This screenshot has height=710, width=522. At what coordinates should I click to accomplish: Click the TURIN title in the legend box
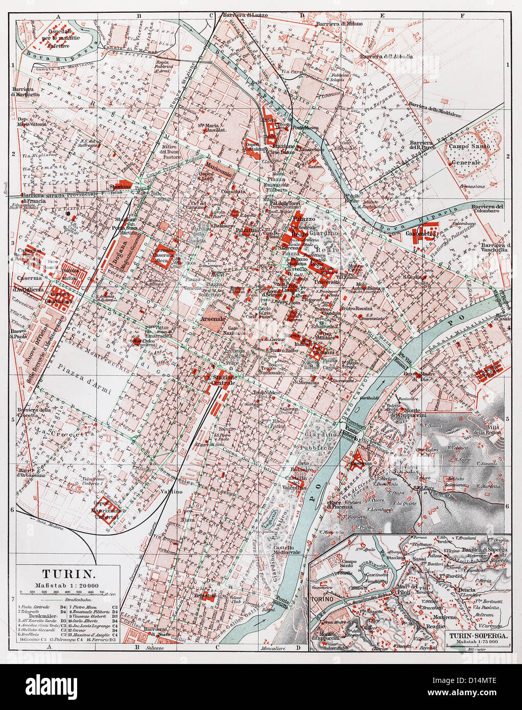click(x=66, y=574)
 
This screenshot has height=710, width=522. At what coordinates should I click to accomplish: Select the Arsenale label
click(x=210, y=318)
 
